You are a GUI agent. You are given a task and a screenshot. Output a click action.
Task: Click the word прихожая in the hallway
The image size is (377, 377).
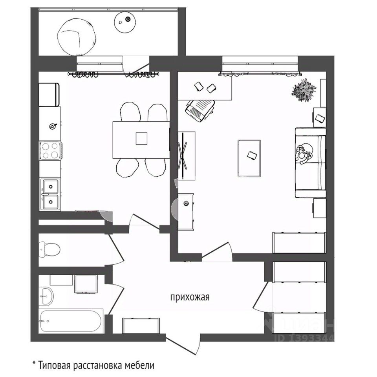[x=190, y=297]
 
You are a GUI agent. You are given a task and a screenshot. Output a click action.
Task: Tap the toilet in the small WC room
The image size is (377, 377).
[x=49, y=249]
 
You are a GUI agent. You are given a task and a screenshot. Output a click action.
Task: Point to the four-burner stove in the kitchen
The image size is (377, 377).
[x=50, y=150]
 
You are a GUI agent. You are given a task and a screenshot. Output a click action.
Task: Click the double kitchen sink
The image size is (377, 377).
[x=50, y=194]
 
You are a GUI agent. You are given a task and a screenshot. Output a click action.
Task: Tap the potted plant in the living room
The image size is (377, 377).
[x=304, y=90]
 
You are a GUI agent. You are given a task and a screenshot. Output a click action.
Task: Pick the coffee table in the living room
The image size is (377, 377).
[x=249, y=158]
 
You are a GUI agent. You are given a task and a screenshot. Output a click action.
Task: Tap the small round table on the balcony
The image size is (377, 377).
[x=124, y=20]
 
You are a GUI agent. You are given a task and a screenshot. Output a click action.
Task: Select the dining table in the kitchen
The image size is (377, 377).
[x=141, y=139]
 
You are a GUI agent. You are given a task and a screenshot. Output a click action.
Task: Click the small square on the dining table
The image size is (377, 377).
[x=141, y=138]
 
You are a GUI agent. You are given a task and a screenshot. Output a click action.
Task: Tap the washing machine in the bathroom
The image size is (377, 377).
[x=85, y=284]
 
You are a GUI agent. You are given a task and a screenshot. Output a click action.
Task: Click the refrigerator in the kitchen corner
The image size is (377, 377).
[x=49, y=95]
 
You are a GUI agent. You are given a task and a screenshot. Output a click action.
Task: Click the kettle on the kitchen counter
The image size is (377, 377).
[x=52, y=126]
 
